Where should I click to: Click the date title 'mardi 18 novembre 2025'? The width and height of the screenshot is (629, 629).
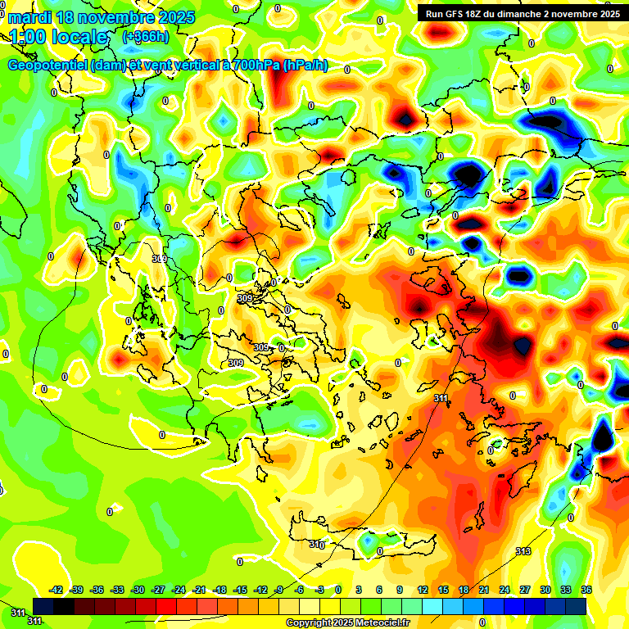(x=102, y=18)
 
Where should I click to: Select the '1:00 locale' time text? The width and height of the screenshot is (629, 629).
(x=59, y=37)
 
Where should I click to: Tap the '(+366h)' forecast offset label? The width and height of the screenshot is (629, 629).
(x=146, y=37)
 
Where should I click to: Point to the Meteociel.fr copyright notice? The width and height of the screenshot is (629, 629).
(x=347, y=623)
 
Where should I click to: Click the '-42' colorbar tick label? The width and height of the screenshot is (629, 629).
(x=57, y=590)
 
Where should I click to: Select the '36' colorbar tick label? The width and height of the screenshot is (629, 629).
(x=586, y=590)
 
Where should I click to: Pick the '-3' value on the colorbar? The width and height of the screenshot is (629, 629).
(x=319, y=590)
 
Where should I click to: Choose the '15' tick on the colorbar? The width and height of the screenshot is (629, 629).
(x=443, y=590)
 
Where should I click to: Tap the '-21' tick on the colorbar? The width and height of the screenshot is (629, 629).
(x=199, y=590)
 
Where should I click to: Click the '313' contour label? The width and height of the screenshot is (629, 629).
(x=523, y=551)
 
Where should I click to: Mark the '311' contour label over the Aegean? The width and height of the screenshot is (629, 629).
(x=441, y=399)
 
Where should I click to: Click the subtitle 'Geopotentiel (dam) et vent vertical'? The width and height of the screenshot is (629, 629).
(x=115, y=66)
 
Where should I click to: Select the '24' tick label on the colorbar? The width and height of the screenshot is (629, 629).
(x=505, y=590)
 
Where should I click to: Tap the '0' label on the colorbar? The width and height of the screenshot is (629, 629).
(x=339, y=590)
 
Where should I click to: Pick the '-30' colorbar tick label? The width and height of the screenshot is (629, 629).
(x=138, y=590)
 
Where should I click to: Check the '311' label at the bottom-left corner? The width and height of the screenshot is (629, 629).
(x=18, y=612)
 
